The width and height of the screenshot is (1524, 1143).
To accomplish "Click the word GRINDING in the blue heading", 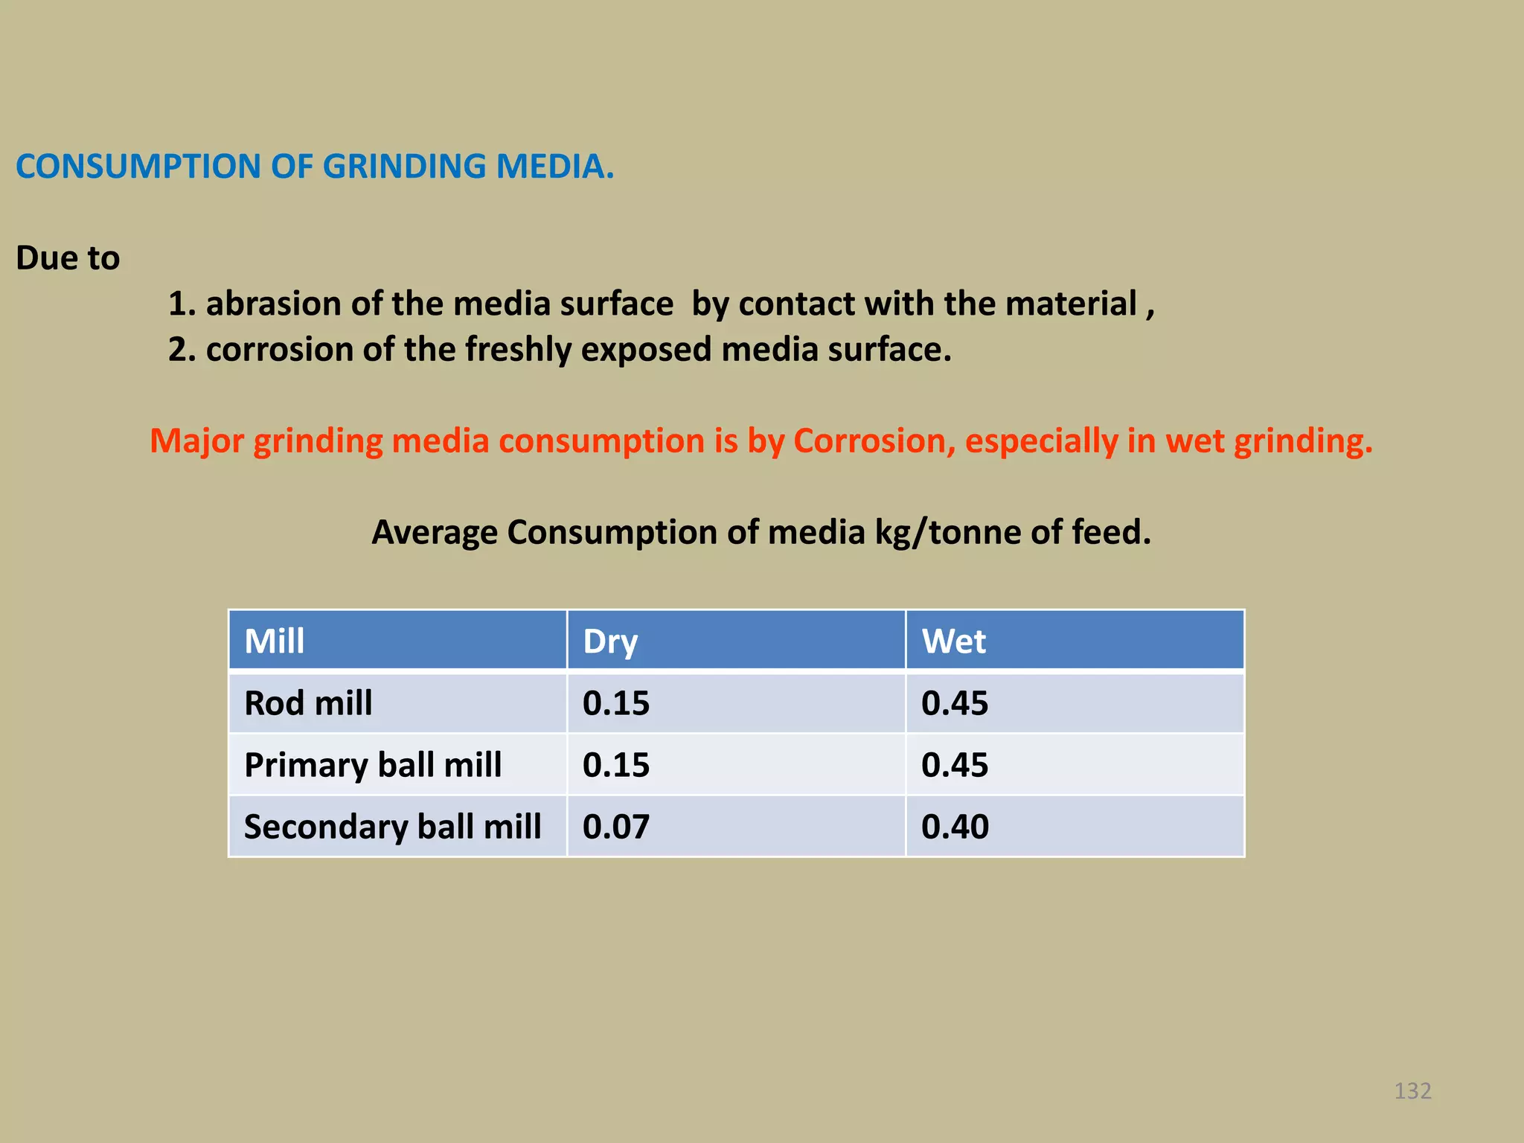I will pyautogui.click(x=403, y=166).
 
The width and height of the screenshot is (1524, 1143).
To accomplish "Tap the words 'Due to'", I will pyautogui.click(x=68, y=258).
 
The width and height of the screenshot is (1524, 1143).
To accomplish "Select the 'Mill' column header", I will pyautogui.click(x=275, y=641).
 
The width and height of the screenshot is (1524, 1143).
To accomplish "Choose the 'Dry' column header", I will pyautogui.click(x=610, y=641).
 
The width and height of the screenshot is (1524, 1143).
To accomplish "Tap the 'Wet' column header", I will pyautogui.click(x=953, y=641).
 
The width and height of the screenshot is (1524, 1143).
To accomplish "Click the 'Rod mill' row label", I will pyautogui.click(x=308, y=703).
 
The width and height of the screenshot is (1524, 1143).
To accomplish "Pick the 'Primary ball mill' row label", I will pyautogui.click(x=373, y=765).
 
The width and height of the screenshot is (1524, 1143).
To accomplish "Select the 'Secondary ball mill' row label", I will pyautogui.click(x=392, y=827).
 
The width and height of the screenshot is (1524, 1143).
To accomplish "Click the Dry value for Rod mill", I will pyautogui.click(x=616, y=703).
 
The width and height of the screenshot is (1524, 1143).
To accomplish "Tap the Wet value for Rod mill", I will pyautogui.click(x=955, y=703).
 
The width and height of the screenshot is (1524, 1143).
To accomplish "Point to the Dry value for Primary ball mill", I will pyautogui.click(x=616, y=765).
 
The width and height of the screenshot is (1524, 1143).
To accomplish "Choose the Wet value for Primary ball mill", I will pyautogui.click(x=955, y=765).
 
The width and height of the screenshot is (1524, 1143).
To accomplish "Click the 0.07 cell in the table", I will pyautogui.click(x=616, y=827).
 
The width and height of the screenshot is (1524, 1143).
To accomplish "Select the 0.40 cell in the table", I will pyautogui.click(x=955, y=827).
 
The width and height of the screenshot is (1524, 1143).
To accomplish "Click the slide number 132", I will pyautogui.click(x=1412, y=1091).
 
